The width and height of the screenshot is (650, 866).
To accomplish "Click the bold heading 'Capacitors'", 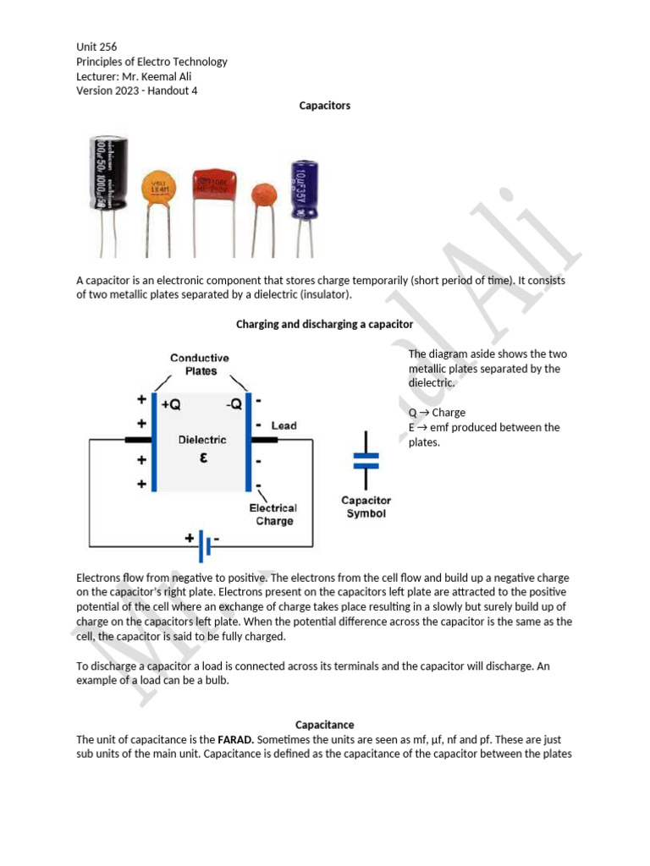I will point(324,106).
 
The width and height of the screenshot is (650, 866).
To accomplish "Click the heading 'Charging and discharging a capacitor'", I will point(324,324).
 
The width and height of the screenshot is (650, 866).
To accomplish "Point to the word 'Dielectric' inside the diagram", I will point(201,440).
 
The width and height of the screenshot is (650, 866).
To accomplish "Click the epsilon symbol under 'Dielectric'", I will point(201,458).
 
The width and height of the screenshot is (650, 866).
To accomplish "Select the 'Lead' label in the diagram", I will point(284,425).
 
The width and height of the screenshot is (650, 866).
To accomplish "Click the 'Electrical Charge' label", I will point(273,514).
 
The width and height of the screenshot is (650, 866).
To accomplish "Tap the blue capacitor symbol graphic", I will point(366,460).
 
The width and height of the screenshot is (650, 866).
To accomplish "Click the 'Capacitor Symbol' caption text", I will point(366,507).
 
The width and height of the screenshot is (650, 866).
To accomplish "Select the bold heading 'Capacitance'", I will point(324,725).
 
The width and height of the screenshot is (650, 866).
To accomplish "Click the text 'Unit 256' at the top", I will point(96,47).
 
